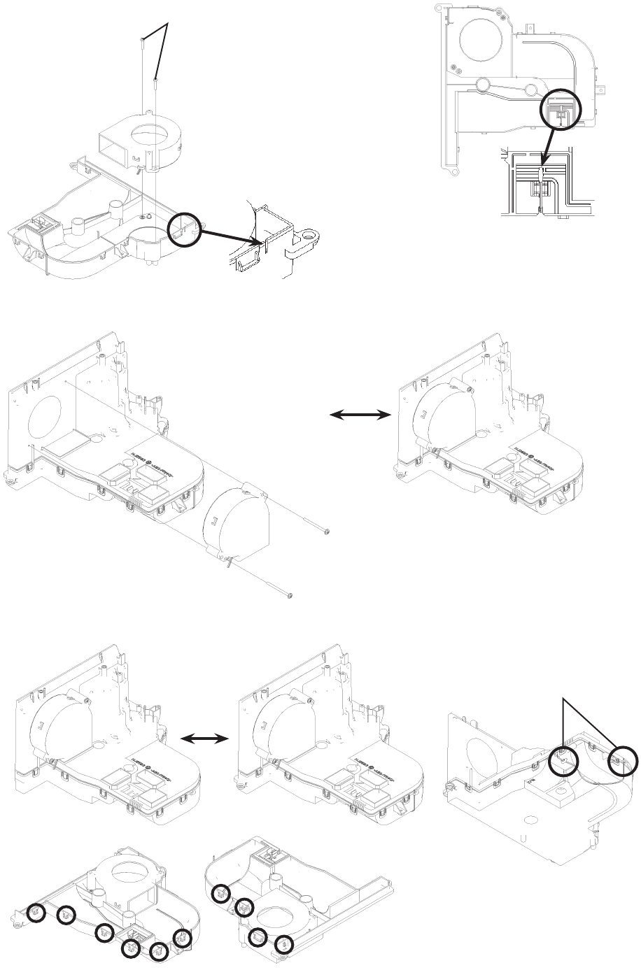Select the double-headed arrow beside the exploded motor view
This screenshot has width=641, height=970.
[x=360, y=415]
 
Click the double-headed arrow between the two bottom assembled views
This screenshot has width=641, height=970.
[x=205, y=738]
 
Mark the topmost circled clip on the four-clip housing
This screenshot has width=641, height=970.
[x=221, y=894]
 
